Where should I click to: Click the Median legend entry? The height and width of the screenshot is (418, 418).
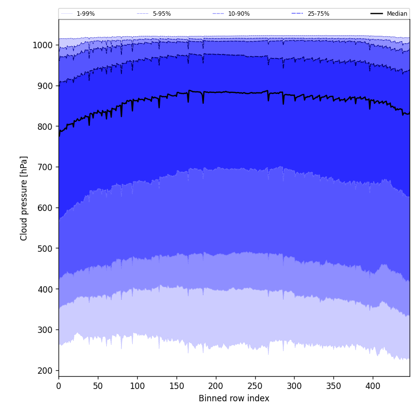coord(397,14)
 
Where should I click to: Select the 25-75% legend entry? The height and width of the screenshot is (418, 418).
coord(318,14)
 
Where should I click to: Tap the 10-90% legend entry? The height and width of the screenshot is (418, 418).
coord(239,14)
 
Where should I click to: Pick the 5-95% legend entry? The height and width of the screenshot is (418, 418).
coord(161,14)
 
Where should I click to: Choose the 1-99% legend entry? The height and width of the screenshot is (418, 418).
coord(86,14)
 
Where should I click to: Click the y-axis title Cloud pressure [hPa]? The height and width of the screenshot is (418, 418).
coord(24,198)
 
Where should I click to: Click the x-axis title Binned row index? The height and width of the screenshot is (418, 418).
coord(234,398)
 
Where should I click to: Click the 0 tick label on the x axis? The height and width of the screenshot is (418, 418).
coord(59,386)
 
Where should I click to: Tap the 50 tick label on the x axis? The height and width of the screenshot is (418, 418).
coord(98,386)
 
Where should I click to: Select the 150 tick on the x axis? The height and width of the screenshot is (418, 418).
coord(177,386)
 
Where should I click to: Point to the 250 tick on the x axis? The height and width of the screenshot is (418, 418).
coord(255,386)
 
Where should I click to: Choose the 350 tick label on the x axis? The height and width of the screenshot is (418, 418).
coord(333,386)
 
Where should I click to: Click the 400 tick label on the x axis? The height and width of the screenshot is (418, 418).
coord(373,386)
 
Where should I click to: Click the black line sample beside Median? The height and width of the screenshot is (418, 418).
coord(377,14)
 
